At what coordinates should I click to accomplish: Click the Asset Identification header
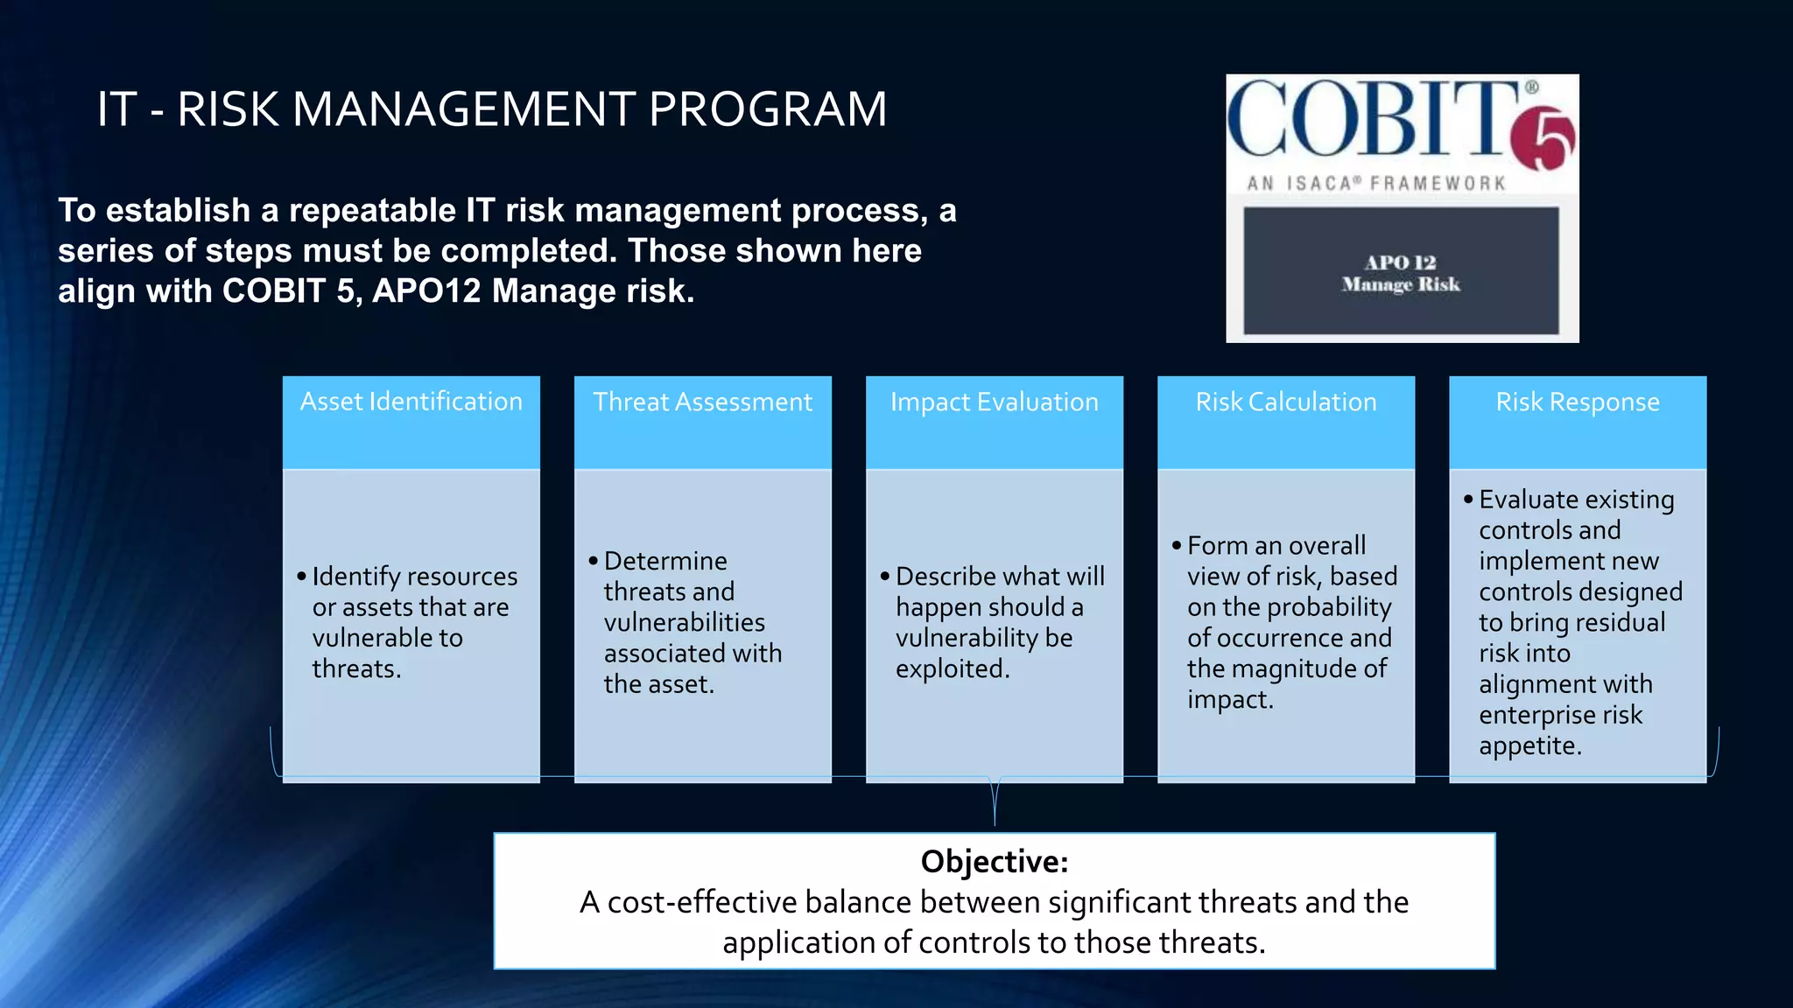pyautogui.click(x=411, y=402)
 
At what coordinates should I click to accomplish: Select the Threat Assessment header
pyautogui.click(x=702, y=402)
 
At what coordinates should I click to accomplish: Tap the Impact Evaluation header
pyautogui.click(x=994, y=402)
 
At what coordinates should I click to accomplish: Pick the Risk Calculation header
pyautogui.click(x=1285, y=402)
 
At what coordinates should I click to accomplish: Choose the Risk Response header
pyautogui.click(x=1577, y=402)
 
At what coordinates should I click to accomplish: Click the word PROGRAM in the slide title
pyautogui.click(x=767, y=109)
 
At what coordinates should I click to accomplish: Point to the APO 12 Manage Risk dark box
pyautogui.click(x=1401, y=271)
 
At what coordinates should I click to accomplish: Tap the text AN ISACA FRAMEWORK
pyautogui.click(x=1376, y=184)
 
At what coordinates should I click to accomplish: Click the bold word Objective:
pyautogui.click(x=994, y=862)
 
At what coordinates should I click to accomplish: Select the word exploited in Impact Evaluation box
pyautogui.click(x=951, y=668)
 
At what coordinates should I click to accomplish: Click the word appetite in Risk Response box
pyautogui.click(x=1529, y=745)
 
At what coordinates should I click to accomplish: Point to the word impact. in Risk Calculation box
pyautogui.click(x=1229, y=699)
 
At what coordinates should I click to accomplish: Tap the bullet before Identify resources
pyautogui.click(x=301, y=577)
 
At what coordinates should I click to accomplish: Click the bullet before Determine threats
pyautogui.click(x=593, y=561)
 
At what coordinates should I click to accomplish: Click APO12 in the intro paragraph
pyautogui.click(x=426, y=291)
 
